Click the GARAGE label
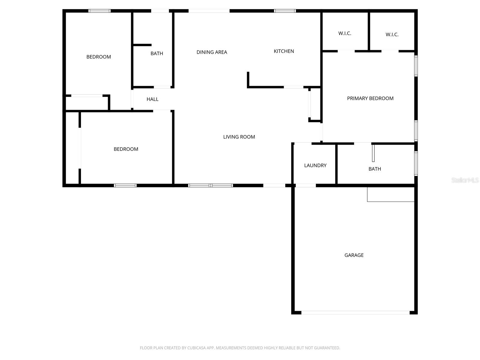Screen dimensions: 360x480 tap(354, 255)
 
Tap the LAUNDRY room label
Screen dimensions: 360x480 tap(315, 165)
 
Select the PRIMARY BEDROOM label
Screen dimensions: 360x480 tap(370, 98)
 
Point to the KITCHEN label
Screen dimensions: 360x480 tap(284, 51)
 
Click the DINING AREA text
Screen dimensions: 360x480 tap(212, 52)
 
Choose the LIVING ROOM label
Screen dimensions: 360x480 tap(239, 137)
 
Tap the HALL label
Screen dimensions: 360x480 tap(152, 99)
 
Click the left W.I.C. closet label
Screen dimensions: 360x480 tap(345, 33)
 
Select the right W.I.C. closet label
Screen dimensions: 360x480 tap(392, 34)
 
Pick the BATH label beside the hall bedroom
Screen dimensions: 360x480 tap(157, 53)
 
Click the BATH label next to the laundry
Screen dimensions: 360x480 tap(375, 169)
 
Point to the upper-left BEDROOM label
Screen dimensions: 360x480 tap(99, 57)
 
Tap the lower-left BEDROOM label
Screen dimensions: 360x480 tap(126, 149)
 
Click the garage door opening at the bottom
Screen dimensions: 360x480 tap(355, 313)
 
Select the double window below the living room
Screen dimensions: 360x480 tap(211, 185)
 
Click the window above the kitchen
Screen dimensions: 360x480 tap(285, 11)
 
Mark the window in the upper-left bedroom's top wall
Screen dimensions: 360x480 tap(100, 11)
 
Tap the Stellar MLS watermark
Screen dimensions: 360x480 tap(465, 180)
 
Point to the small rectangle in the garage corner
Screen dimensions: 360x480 tap(391, 194)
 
